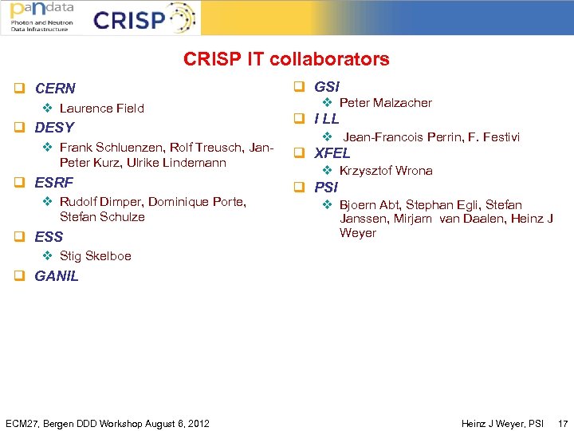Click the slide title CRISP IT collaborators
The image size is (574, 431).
point(286,59)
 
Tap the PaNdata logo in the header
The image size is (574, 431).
point(41,17)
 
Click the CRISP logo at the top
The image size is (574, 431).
point(143,18)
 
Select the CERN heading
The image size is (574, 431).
point(55,88)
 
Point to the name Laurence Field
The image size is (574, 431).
point(101,108)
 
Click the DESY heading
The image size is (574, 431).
point(54,128)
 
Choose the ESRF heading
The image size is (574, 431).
point(54,182)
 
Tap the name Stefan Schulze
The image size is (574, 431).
point(102,217)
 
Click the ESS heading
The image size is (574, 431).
point(49,236)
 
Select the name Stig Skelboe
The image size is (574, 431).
point(95,256)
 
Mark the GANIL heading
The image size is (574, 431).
point(57,276)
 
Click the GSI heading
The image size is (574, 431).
point(327,86)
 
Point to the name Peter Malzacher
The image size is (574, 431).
point(385,103)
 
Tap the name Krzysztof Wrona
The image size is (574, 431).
point(386,171)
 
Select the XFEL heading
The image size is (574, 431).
point(332,153)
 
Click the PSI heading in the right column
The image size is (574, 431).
point(326,188)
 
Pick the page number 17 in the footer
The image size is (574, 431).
point(563,422)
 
